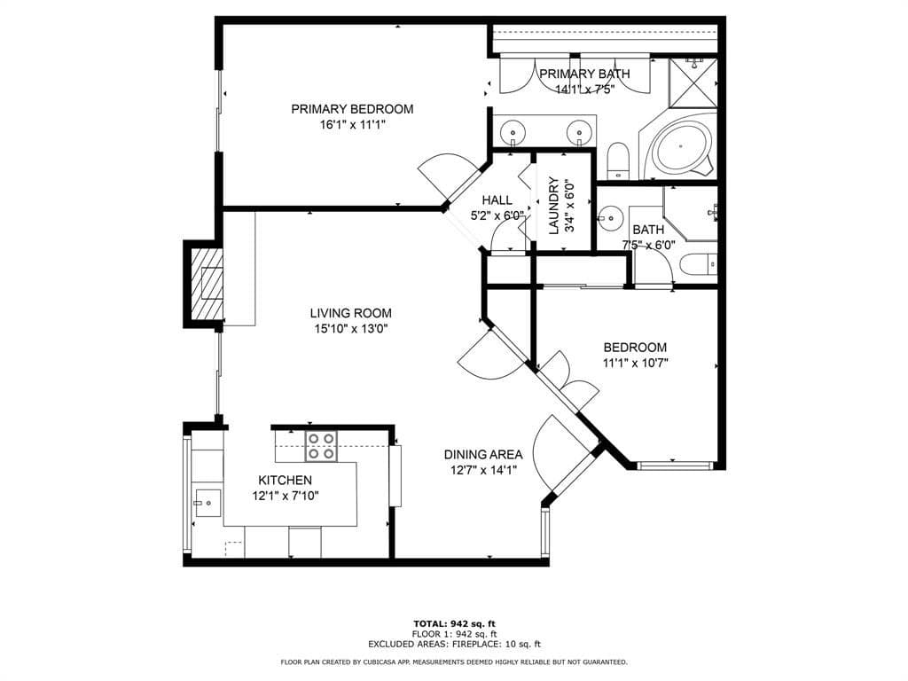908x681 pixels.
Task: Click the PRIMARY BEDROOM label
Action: click(x=352, y=109)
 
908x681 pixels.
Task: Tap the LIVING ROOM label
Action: click(x=351, y=313)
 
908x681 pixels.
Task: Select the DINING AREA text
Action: click(x=483, y=455)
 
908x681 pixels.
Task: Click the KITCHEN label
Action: click(x=285, y=480)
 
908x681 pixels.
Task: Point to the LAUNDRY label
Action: click(x=554, y=206)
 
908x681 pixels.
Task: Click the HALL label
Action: click(x=497, y=200)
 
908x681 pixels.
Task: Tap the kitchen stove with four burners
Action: click(x=321, y=447)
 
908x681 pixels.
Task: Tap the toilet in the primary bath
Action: click(x=618, y=160)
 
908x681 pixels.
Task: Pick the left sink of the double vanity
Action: click(x=513, y=132)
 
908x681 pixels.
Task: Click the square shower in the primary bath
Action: click(x=693, y=82)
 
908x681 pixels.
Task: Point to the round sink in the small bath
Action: click(x=608, y=218)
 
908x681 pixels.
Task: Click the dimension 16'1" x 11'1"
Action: click(x=352, y=124)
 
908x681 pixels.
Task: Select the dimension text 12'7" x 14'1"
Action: click(x=483, y=470)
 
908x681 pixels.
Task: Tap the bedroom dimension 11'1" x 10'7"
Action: click(x=635, y=363)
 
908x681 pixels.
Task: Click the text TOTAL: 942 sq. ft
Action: click(x=455, y=623)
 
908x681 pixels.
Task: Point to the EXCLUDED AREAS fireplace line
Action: click(x=455, y=644)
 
